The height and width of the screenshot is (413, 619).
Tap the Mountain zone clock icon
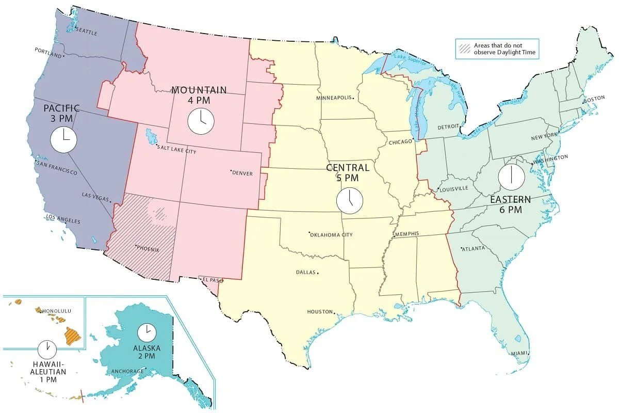pyautogui.click(x=200, y=121)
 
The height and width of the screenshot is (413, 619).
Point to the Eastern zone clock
pyautogui.click(x=511, y=176)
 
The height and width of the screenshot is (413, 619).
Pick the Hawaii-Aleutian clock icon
pyautogui.click(x=47, y=349)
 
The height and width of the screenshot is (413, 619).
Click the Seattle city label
pyautogui.click(x=86, y=32)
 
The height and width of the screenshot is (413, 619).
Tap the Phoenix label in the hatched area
pyautogui.click(x=148, y=249)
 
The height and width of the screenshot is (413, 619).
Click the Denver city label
pyautogui.click(x=242, y=173)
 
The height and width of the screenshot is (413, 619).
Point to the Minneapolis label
pyautogui.click(x=334, y=98)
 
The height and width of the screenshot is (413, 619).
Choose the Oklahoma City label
pyautogui.click(x=332, y=235)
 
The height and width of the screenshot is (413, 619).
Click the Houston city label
pyautogui.click(x=320, y=312)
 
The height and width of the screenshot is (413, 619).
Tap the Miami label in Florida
pyautogui.click(x=520, y=353)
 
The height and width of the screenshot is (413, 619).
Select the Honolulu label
pyautogui.click(x=57, y=311)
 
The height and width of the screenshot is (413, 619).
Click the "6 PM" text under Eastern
pyautogui.click(x=510, y=210)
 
